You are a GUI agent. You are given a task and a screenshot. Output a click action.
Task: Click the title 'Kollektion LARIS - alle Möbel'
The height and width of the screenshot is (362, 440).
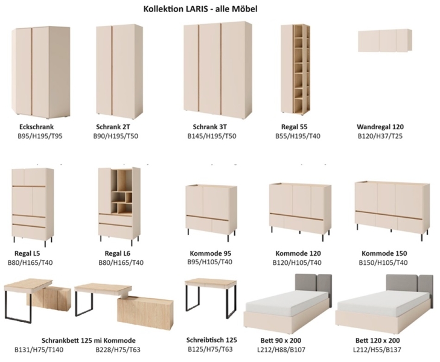(200, 9)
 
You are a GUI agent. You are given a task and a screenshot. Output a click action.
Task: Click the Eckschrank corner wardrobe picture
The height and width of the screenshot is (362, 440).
(41, 72)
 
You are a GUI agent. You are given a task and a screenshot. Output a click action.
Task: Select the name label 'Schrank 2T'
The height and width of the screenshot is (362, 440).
(113, 127)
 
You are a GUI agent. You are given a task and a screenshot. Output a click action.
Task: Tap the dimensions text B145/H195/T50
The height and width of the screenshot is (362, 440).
(212, 136)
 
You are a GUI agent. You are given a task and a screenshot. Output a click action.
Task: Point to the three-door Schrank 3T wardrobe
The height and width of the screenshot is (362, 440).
(218, 71)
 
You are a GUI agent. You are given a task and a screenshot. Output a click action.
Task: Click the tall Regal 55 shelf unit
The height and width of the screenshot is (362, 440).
(296, 69)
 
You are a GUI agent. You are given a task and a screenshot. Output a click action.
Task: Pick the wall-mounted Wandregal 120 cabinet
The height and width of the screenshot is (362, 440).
(385, 40)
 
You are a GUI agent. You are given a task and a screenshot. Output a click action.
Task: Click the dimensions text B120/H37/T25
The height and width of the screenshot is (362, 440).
(380, 136)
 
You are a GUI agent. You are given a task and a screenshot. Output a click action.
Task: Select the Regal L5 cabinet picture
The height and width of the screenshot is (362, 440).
(33, 207)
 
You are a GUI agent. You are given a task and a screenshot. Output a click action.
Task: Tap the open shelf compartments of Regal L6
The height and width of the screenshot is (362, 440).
(121, 191)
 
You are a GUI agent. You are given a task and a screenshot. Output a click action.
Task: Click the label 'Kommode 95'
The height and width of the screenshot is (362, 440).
(211, 253)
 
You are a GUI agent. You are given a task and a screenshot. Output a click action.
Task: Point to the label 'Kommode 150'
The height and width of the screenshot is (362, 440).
(384, 253)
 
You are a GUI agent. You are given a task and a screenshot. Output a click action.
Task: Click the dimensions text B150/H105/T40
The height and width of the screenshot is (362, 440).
(383, 262)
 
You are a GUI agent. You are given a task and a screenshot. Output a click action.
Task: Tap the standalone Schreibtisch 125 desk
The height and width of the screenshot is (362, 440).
(211, 298)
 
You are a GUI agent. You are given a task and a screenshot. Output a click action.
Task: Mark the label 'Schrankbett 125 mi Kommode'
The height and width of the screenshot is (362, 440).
(89, 340)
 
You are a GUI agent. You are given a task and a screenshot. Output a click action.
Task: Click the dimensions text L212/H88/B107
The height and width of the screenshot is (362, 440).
(281, 350)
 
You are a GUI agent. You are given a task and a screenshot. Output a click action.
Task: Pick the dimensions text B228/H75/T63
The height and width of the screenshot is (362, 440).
(118, 350)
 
